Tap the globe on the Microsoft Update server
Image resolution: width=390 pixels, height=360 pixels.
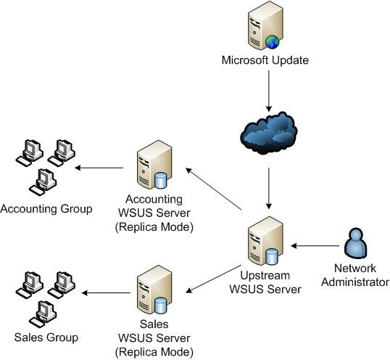[272, 41]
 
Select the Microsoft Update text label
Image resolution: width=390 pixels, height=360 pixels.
[265, 60]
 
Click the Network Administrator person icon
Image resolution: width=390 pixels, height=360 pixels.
[356, 247]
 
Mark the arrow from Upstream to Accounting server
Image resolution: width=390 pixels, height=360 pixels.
[213, 190]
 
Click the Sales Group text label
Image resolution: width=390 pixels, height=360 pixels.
[46, 337]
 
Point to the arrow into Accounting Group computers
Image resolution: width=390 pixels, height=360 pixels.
[99, 168]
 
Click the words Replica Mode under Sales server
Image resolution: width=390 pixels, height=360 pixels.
[153, 352]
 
